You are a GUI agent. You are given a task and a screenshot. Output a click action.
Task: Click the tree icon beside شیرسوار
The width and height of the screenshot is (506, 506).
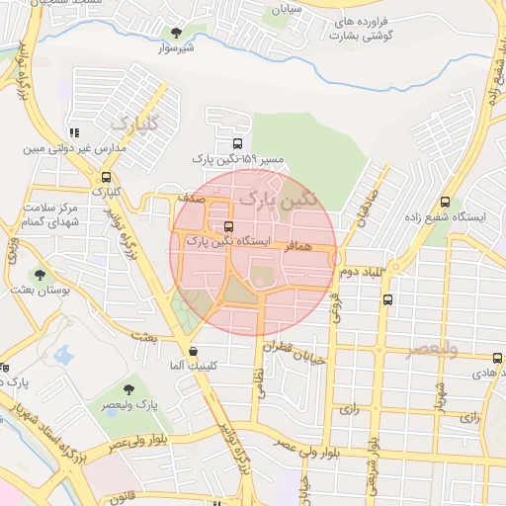(177, 33)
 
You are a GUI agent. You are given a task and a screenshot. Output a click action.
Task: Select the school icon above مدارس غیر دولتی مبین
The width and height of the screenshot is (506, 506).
(74, 132)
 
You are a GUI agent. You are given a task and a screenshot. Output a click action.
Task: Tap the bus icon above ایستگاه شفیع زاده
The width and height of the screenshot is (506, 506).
(445, 202)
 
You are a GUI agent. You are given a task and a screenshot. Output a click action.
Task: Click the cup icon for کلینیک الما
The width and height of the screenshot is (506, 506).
(193, 350)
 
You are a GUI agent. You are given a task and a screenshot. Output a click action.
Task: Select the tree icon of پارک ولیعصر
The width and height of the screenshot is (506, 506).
(130, 390)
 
